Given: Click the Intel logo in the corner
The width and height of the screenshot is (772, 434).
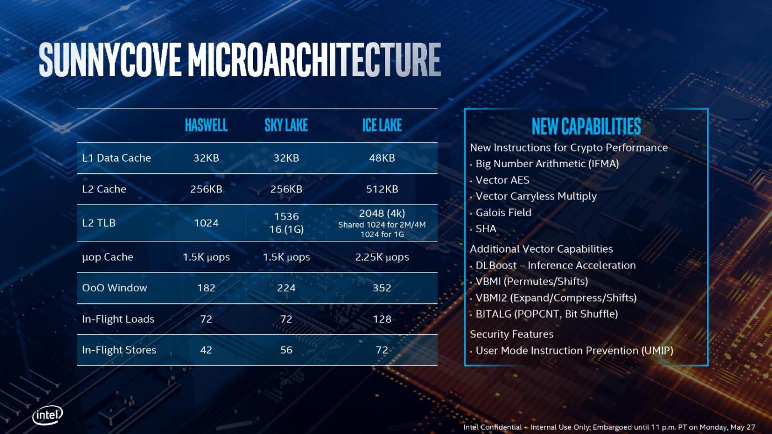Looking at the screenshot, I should click(47, 415).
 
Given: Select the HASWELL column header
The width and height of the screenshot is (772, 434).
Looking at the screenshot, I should click(206, 126).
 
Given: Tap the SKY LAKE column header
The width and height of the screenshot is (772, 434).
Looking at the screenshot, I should click(286, 126).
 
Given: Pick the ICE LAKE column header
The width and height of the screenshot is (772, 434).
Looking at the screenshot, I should click(382, 126).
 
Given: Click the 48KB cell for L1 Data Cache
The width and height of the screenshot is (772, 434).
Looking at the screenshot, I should click(382, 158).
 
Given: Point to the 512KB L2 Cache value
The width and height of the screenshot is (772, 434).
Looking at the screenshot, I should click(382, 189).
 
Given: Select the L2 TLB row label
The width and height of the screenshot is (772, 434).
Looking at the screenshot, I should click(99, 223).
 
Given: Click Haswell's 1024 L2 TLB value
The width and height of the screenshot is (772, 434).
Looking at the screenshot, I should click(206, 223).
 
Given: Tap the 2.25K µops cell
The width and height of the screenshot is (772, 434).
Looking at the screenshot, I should click(382, 258).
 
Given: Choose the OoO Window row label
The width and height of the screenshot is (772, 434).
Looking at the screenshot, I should click(114, 288).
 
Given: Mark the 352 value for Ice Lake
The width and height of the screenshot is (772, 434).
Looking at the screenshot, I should click(382, 288).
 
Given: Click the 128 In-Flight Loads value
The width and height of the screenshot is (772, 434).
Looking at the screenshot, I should click(382, 319).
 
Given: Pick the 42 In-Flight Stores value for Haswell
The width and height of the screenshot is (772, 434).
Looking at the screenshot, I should click(206, 350).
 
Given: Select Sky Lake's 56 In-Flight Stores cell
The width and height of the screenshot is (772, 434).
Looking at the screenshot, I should click(286, 350).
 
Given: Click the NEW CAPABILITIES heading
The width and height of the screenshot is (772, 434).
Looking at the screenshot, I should click(586, 126).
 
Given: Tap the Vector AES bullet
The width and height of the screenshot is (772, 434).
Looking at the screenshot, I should click(502, 180).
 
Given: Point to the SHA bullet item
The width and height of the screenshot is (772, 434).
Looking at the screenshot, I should click(486, 229).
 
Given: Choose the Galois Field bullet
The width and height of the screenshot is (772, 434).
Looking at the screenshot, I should click(503, 213).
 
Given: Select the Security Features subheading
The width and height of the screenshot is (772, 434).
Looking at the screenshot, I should click(511, 334).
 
